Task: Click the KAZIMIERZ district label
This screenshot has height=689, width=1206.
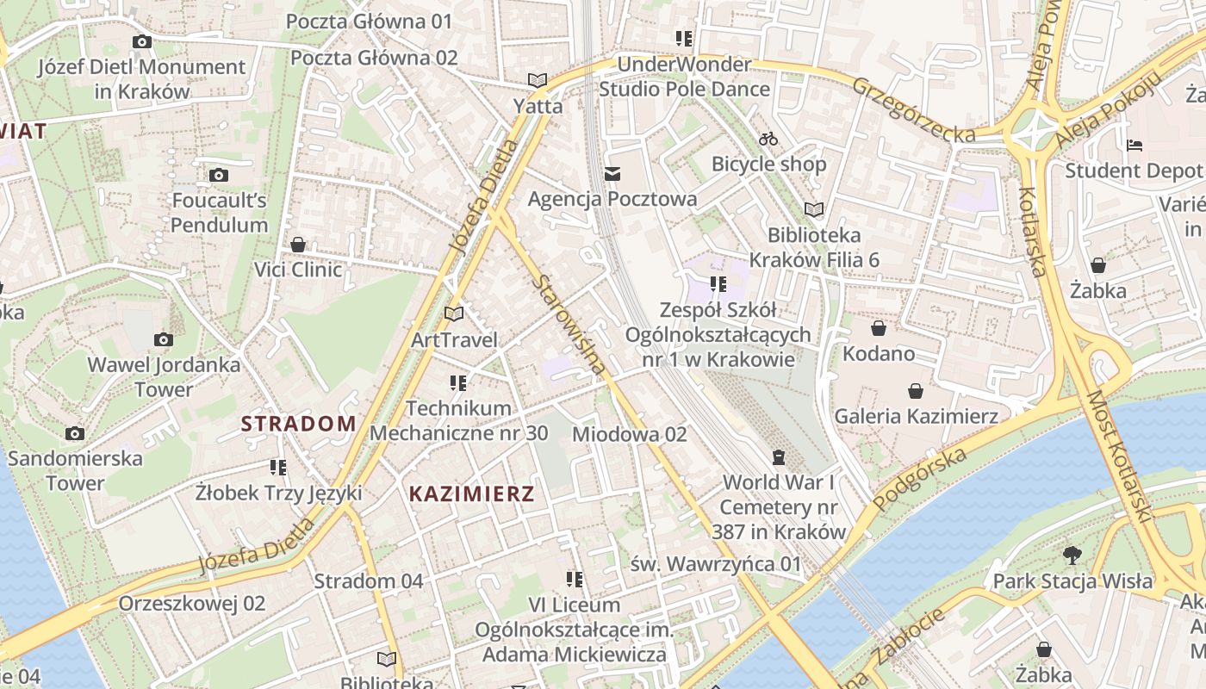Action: click(x=471, y=493)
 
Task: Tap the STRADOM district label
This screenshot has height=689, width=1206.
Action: click(x=298, y=423)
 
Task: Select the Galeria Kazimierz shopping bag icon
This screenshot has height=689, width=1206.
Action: click(x=915, y=391)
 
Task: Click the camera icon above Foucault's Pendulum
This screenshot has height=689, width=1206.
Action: click(x=219, y=175)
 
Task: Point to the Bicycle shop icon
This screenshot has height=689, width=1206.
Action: click(x=768, y=138)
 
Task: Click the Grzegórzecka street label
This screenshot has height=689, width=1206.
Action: click(x=914, y=109)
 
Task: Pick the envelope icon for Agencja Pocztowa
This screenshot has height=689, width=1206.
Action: click(x=612, y=174)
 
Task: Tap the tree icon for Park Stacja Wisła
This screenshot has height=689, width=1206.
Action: click(x=1072, y=555)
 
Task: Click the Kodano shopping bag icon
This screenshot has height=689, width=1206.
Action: click(x=878, y=328)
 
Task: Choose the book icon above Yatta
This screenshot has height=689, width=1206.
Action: click(x=538, y=80)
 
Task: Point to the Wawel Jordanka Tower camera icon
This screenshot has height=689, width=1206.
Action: click(x=164, y=339)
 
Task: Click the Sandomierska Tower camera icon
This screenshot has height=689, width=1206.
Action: click(x=75, y=433)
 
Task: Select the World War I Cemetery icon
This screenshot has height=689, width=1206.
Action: click(x=779, y=456)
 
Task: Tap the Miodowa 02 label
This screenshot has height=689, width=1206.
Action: click(x=629, y=434)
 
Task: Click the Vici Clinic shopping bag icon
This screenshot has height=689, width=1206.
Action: click(x=298, y=245)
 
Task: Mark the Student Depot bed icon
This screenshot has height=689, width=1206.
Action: click(x=1135, y=145)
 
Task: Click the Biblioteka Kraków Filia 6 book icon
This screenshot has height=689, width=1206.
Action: click(x=813, y=208)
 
